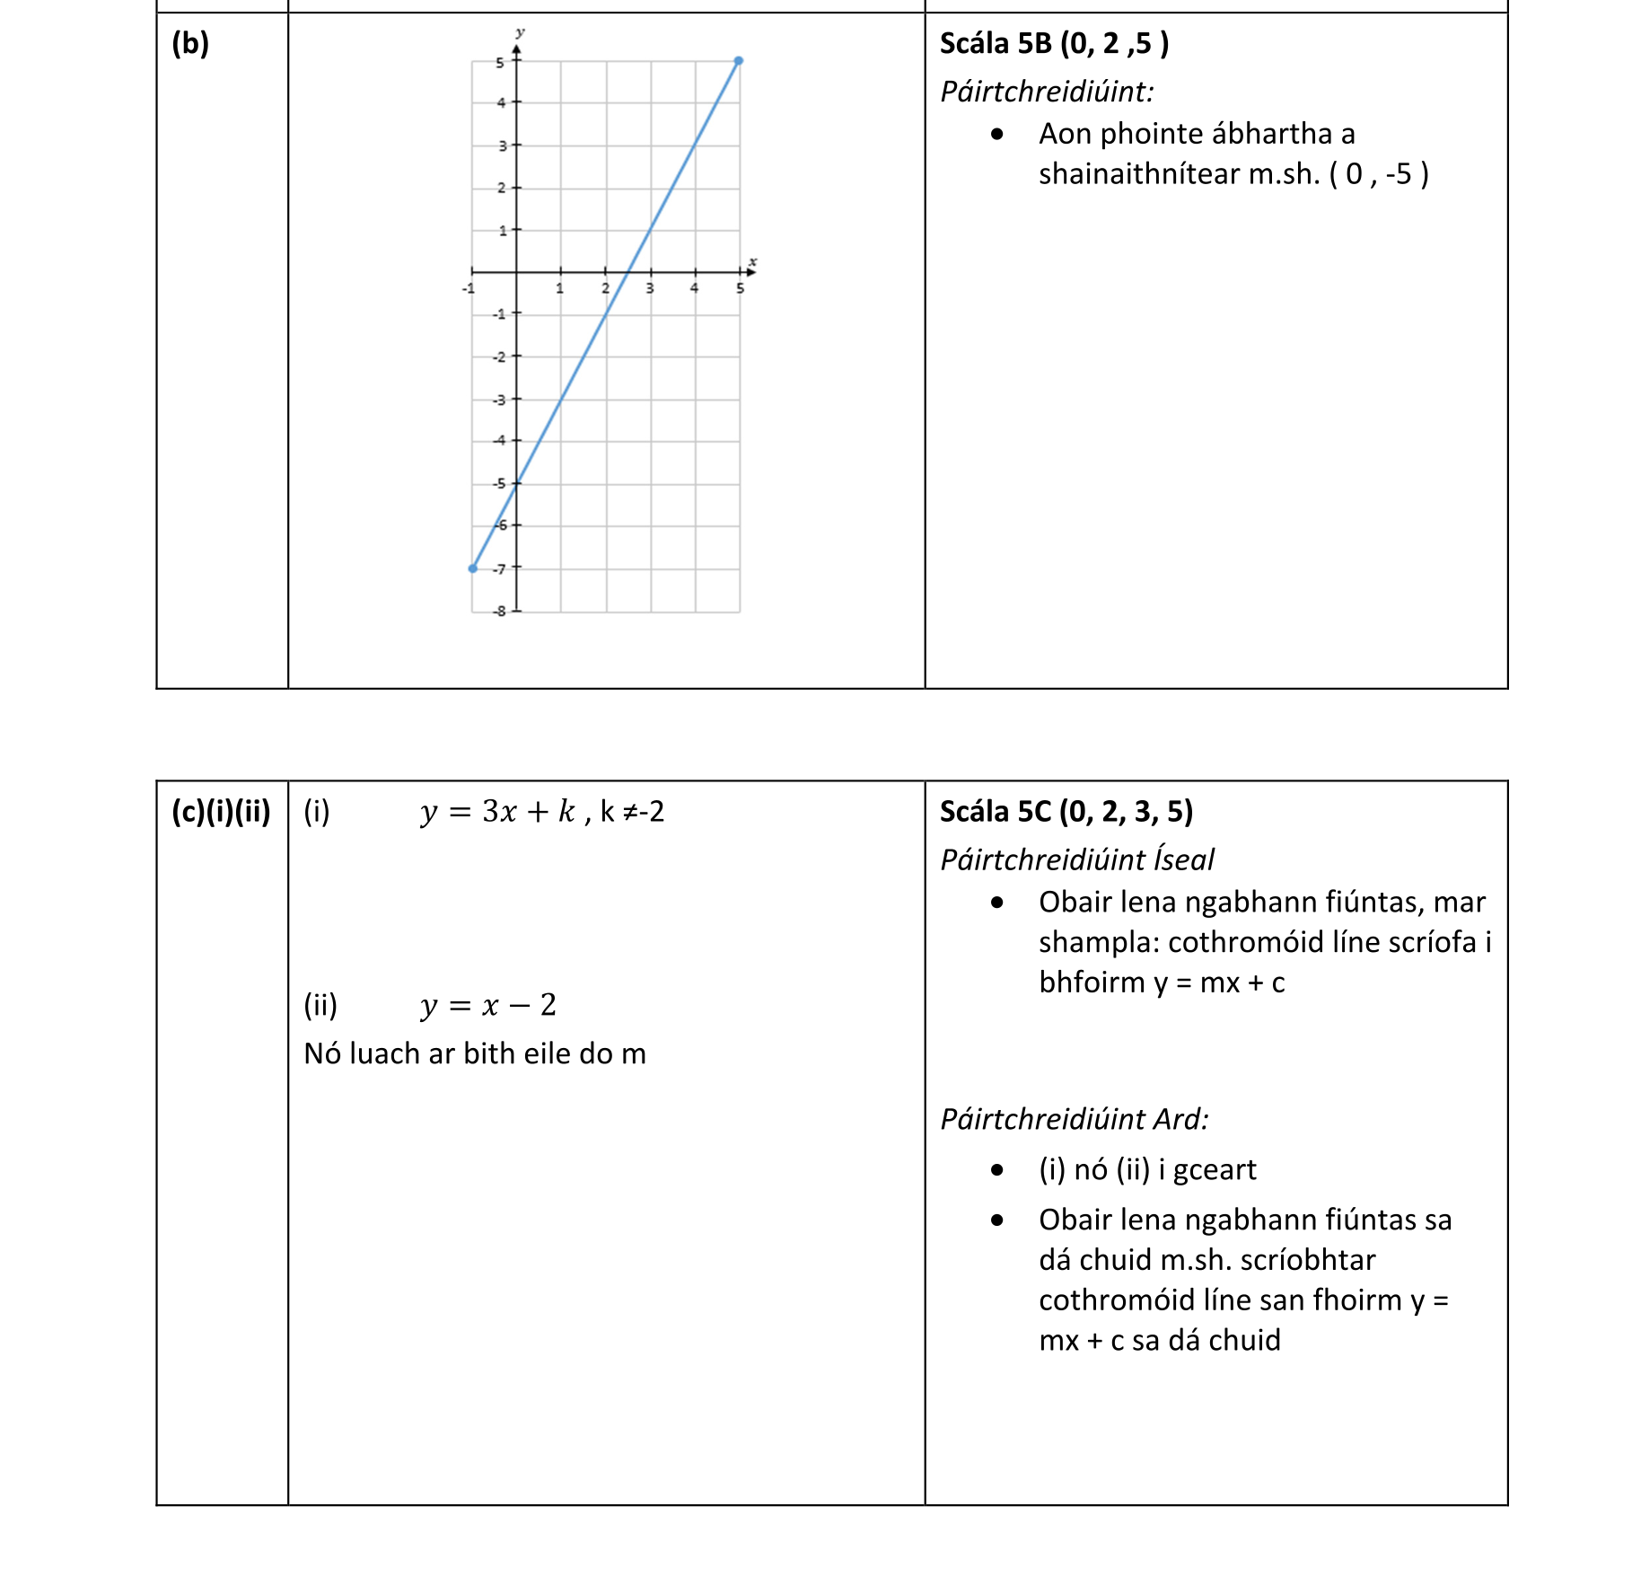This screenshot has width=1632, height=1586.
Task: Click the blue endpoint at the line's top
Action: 738,61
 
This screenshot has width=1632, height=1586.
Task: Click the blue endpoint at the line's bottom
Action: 473,568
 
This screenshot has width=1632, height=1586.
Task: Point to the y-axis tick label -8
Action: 500,611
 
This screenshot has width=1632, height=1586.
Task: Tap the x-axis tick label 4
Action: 694,288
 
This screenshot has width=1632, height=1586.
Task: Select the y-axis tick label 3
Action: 503,145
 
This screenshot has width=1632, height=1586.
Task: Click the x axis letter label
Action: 752,262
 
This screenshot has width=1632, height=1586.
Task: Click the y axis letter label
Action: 520,33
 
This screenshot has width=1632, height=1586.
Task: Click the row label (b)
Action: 190,43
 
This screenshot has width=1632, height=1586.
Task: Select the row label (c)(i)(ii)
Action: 221,812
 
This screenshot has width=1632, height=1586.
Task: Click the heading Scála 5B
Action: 996,43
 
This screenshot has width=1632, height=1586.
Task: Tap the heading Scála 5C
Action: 996,812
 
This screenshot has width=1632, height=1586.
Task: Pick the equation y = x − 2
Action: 488,1005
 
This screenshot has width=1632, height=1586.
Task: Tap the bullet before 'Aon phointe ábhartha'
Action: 997,135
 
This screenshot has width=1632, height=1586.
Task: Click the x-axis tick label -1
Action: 468,288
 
